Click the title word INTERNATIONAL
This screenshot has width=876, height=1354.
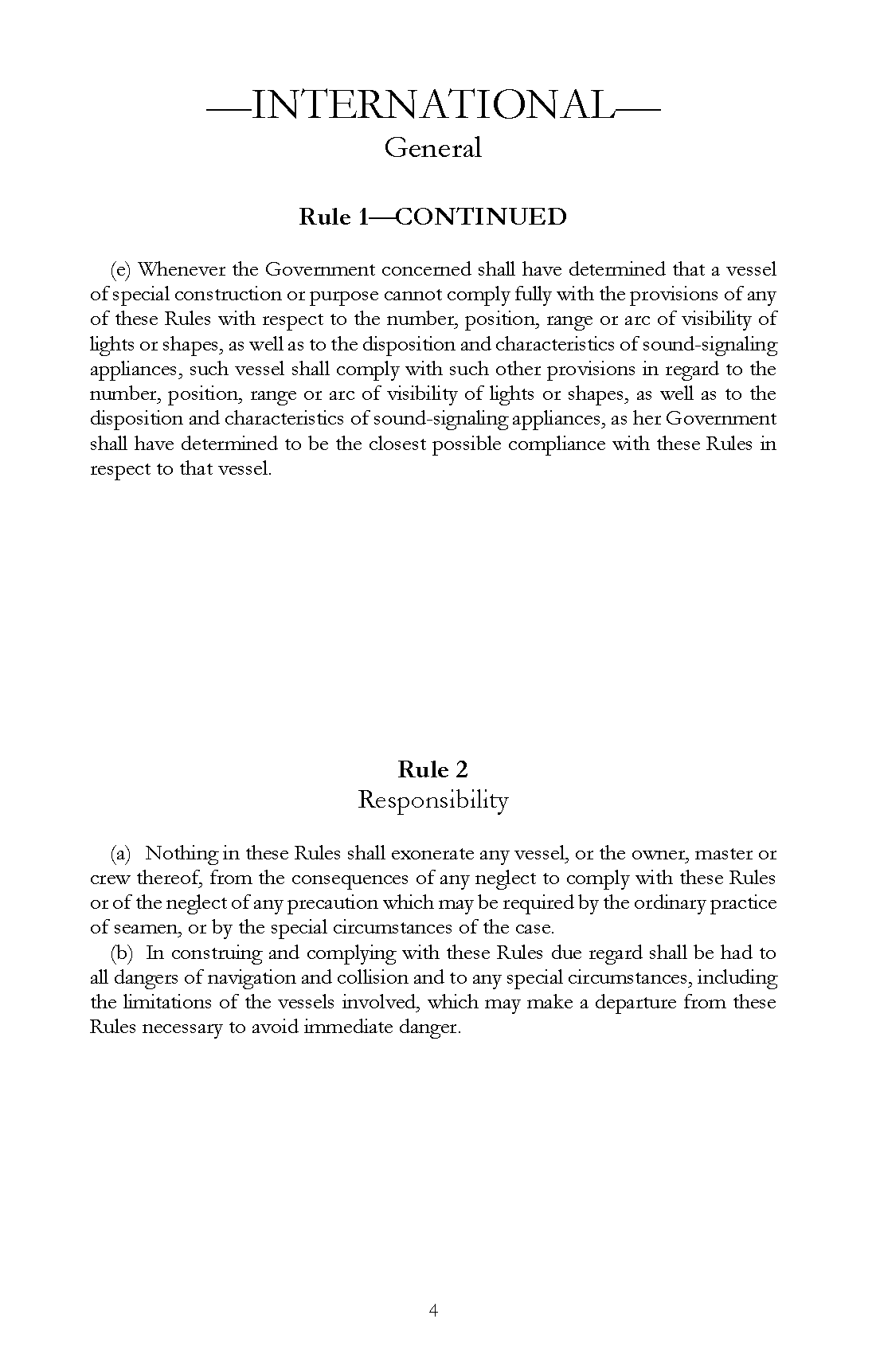point(433,105)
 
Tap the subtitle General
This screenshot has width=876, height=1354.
point(433,148)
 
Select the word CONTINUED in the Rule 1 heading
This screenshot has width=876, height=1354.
point(480,217)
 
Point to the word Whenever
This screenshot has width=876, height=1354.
point(181,269)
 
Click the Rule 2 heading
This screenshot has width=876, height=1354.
point(433,769)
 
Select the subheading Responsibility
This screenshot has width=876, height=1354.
point(433,800)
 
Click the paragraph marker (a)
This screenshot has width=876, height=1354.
point(120,854)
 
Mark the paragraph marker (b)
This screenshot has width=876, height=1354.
point(121,953)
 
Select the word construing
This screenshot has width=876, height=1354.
point(214,953)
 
